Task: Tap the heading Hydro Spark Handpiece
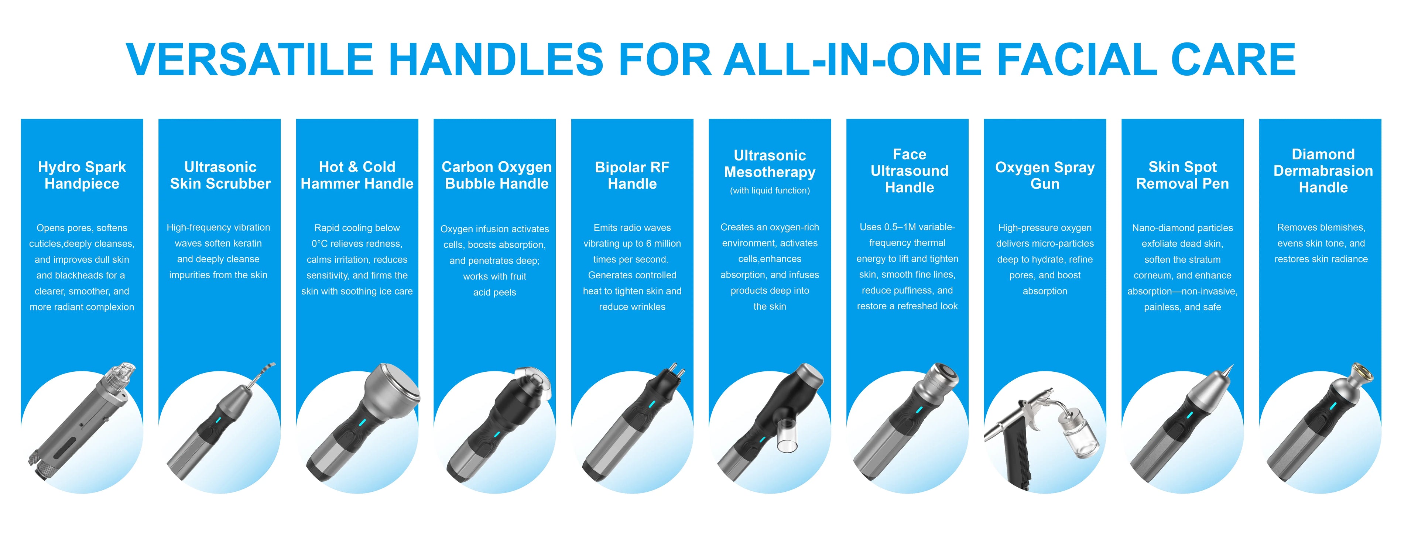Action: [x=82, y=175]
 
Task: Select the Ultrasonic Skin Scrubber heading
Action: [x=220, y=175]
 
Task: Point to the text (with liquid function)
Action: [x=770, y=190]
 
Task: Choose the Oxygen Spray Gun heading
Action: [x=1045, y=175]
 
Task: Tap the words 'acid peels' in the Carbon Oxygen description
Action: [x=495, y=292]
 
